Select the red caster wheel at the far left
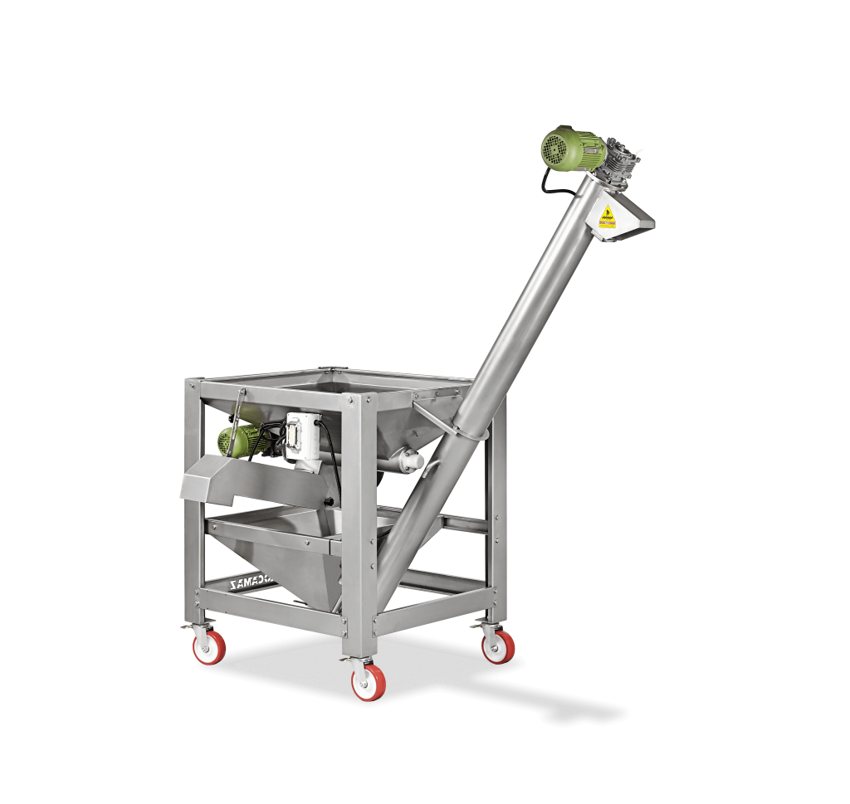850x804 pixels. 209,646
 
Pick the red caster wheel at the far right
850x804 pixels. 498,646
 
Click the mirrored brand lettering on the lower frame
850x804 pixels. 256,586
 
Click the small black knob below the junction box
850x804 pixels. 330,501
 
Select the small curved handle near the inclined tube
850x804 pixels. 426,411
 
